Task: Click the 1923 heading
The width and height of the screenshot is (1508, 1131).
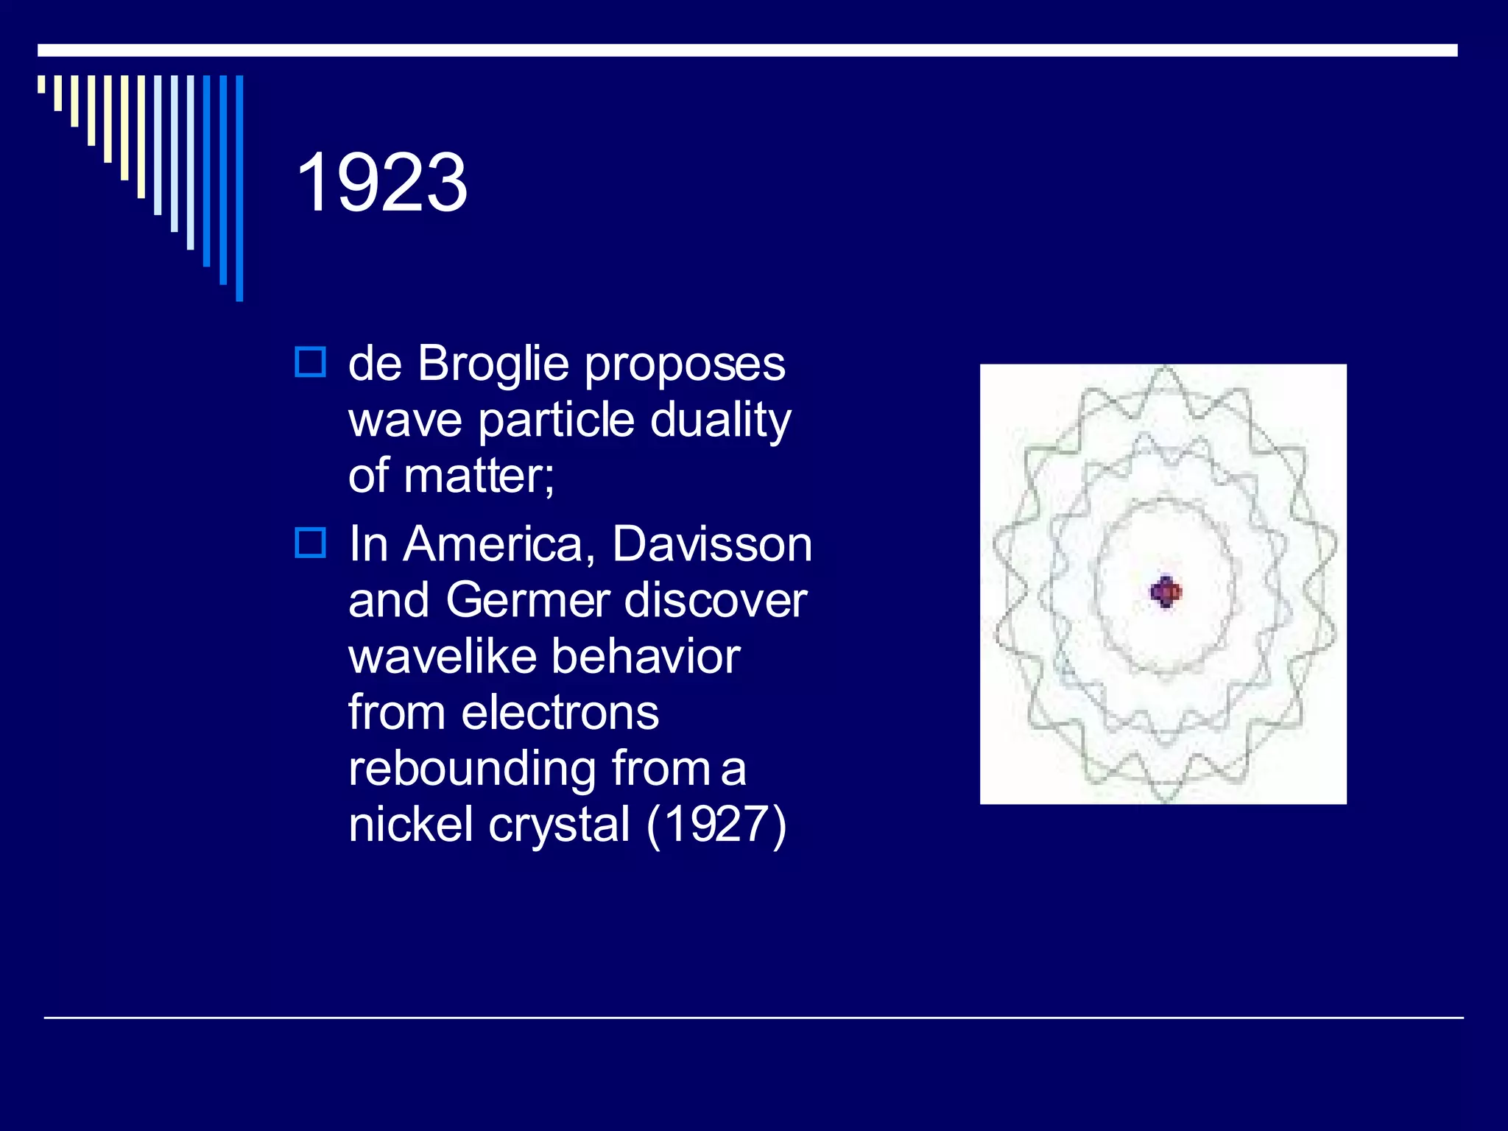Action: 381,183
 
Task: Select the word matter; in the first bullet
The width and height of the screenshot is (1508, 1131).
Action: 479,476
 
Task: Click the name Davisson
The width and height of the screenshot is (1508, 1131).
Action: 711,544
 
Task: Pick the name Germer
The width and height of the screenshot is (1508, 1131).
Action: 528,600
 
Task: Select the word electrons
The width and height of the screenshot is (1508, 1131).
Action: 560,713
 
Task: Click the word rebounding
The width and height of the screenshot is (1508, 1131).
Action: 471,769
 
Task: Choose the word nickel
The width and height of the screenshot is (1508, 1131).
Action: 411,825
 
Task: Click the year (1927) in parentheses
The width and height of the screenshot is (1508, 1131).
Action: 716,825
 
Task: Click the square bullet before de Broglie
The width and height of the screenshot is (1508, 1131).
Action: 310,362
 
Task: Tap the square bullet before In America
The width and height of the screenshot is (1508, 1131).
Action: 310,543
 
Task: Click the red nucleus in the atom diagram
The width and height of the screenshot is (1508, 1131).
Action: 1166,591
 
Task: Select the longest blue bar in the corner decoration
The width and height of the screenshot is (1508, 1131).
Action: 239,188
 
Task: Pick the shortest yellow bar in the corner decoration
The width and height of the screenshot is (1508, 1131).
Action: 41,84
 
